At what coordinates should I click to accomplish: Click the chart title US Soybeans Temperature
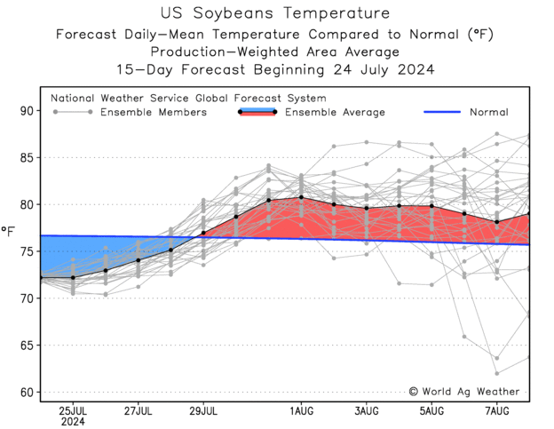click(x=275, y=13)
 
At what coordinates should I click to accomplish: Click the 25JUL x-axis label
click(x=72, y=411)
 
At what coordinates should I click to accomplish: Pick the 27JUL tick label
click(x=138, y=411)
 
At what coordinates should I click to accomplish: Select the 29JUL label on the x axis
click(x=203, y=411)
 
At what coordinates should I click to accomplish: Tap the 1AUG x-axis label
click(x=302, y=411)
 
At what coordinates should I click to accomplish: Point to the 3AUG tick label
click(x=367, y=411)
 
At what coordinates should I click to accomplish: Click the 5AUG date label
click(x=432, y=411)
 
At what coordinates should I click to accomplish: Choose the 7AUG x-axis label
click(x=497, y=411)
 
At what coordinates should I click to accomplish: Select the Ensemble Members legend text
click(x=154, y=113)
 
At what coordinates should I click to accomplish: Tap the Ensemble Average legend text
click(x=335, y=113)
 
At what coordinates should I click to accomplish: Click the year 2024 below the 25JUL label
click(x=72, y=423)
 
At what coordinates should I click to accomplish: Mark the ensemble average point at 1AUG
click(x=302, y=197)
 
